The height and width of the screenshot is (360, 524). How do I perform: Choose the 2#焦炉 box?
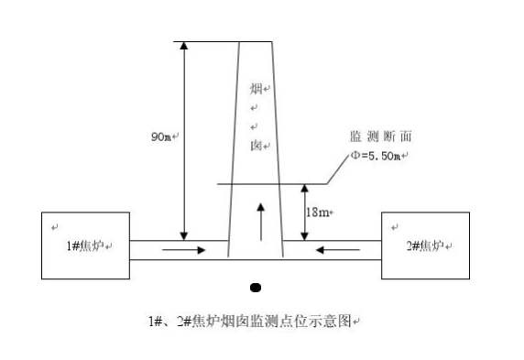[425, 245]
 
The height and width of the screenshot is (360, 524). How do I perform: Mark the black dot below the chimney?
[256, 288]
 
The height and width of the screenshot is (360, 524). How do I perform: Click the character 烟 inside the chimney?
[256, 90]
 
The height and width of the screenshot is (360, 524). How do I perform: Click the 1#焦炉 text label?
[86, 245]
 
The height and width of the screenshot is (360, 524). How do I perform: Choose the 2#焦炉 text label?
[424, 245]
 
